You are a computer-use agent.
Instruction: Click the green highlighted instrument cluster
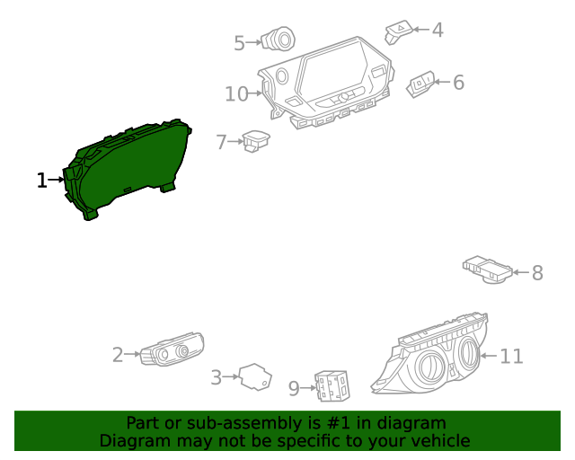tap(126, 166)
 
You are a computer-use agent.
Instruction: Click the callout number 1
tap(41, 181)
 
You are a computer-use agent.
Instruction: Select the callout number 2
tap(118, 356)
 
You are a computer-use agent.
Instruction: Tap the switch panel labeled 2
tap(172, 350)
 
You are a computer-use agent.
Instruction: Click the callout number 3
tap(216, 378)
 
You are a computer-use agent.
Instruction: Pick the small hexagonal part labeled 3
tap(255, 377)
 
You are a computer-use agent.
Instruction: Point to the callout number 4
tap(438, 31)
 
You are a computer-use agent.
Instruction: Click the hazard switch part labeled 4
tap(399, 32)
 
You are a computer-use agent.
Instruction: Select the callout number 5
tap(239, 42)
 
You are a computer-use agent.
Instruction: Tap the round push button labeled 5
tap(277, 40)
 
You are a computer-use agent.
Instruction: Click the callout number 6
tap(458, 84)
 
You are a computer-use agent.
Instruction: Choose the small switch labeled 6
tap(420, 84)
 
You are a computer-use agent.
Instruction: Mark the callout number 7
tap(222, 142)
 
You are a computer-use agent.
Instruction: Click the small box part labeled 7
tap(257, 140)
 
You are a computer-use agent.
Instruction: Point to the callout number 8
tap(537, 273)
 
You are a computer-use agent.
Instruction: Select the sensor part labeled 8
tap(488, 270)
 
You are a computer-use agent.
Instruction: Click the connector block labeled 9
tap(331, 386)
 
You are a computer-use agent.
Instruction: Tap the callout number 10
tap(236, 93)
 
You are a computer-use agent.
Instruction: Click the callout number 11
tap(511, 357)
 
